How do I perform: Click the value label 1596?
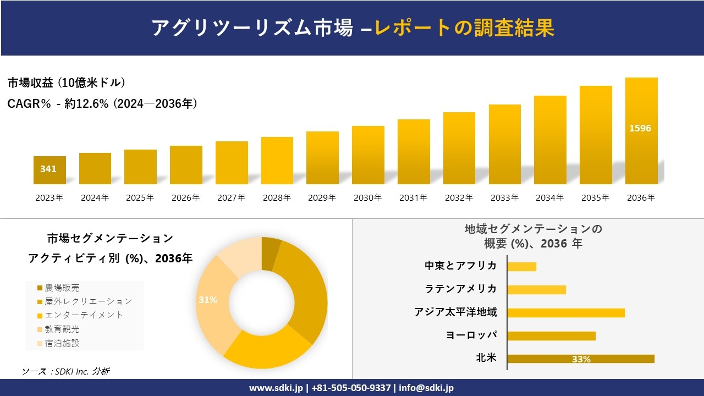click(x=640, y=128)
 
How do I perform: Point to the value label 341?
click(x=48, y=169)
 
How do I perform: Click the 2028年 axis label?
click(x=277, y=198)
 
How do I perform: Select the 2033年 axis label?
click(x=504, y=198)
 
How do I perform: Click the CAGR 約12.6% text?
click(x=102, y=103)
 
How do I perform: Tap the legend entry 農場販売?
click(x=62, y=288)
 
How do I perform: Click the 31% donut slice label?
click(x=208, y=300)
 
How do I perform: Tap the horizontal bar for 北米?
click(x=581, y=359)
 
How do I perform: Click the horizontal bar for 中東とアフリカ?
click(x=521, y=267)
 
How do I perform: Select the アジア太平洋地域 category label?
click(x=455, y=312)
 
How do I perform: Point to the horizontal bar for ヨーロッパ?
click(x=551, y=335)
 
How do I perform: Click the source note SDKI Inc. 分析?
click(x=66, y=371)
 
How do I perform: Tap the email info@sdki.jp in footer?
click(x=426, y=388)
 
